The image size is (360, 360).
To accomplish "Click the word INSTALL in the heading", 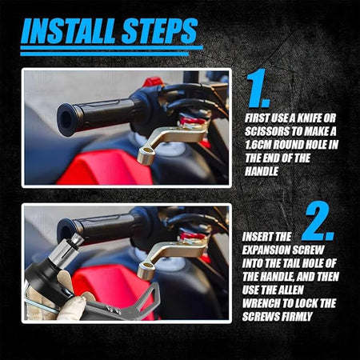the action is tap(69, 31).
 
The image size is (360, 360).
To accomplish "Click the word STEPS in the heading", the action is tap(159, 31).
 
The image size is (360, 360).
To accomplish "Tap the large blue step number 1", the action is tap(258, 88).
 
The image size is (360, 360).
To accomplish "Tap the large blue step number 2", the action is tap(318, 221).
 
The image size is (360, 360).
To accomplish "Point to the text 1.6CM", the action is tap(258, 145).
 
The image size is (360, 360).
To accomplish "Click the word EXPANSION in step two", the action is tap(266, 250).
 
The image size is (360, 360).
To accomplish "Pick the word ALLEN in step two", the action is tap(290, 290).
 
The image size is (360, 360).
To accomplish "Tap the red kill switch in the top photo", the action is tap(153, 82).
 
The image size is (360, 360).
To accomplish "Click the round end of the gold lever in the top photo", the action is tap(146, 155).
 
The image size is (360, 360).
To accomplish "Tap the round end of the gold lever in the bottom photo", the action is tap(146, 270).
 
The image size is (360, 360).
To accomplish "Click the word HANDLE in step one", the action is tap(262, 171).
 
